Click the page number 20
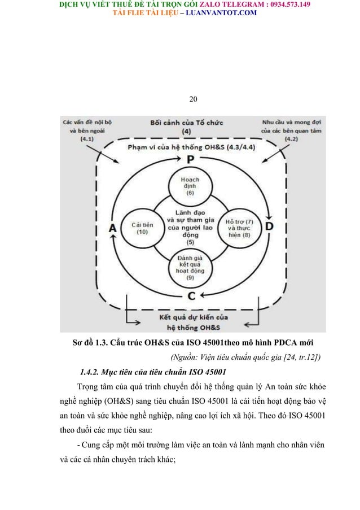pos(193,100)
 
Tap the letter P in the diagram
pos(191,160)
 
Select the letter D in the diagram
pos(269,227)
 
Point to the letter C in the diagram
pos(191,295)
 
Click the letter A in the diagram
pos(112,228)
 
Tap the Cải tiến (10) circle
pos(138,228)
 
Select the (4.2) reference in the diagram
pos(291,139)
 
